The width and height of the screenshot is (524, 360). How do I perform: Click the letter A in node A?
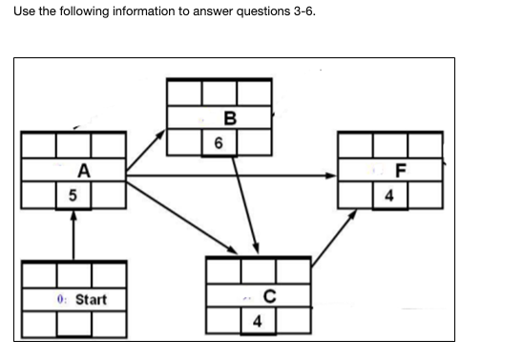pyautogui.click(x=85, y=172)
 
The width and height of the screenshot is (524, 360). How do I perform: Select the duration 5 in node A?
pyautogui.click(x=71, y=197)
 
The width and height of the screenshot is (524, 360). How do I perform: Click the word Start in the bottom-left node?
pyautogui.click(x=91, y=300)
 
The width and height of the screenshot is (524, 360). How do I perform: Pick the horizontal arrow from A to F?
pyautogui.click(x=229, y=176)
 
